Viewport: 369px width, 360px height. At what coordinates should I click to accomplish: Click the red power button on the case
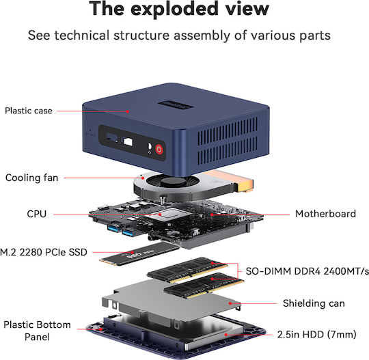[159, 149]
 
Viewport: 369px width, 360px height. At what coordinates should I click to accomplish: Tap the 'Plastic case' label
[29, 111]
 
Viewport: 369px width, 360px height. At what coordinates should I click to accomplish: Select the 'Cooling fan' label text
[31, 178]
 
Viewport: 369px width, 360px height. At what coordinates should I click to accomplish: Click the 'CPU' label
[36, 214]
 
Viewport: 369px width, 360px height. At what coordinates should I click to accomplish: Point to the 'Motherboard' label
[325, 214]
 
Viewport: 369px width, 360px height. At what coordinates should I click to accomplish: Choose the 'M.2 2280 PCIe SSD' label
[44, 252]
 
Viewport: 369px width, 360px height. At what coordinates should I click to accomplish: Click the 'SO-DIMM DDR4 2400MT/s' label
[307, 271]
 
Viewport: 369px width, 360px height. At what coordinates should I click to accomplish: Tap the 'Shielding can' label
[314, 303]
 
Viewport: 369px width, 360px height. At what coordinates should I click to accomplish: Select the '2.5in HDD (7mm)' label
[317, 334]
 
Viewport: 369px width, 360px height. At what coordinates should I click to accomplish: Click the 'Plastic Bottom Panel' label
[37, 331]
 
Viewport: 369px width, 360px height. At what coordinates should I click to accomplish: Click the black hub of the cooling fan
[173, 182]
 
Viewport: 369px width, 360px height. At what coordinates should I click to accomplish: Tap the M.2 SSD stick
[139, 254]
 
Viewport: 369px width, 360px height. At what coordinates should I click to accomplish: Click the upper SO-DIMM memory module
[187, 270]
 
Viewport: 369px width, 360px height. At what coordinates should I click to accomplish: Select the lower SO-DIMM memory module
[204, 286]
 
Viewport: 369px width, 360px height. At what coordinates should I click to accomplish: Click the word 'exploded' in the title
[174, 9]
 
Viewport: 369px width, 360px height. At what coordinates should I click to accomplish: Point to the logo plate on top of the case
[176, 105]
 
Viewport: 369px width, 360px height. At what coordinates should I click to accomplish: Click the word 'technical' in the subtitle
[82, 36]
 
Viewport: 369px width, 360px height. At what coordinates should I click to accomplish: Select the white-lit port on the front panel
[128, 142]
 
